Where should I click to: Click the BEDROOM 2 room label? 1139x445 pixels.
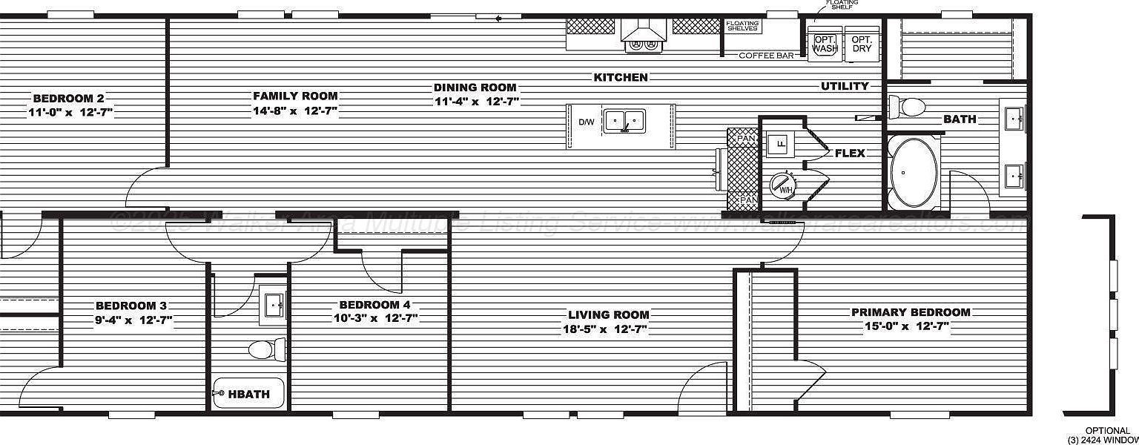[68, 99]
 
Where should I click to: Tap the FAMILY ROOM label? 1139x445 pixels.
[295, 96]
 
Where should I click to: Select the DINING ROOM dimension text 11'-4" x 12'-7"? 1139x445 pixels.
[477, 101]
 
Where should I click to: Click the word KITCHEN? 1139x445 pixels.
[621, 77]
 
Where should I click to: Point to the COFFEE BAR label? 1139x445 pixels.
[767, 56]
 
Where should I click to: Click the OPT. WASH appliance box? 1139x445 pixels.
[824, 44]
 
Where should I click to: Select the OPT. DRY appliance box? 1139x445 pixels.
[861, 44]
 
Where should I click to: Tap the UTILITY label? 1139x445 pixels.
[845, 87]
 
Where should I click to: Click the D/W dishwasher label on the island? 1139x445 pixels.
[585, 122]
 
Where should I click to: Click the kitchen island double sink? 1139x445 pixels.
[624, 120]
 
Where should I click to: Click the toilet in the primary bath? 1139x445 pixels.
[907, 106]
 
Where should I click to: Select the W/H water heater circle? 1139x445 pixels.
[783, 185]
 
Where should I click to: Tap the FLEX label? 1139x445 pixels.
[850, 154]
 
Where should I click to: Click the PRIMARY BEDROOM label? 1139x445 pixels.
[911, 312]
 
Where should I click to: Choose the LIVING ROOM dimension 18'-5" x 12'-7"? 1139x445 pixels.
[605, 329]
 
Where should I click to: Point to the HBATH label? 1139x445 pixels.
[248, 394]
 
